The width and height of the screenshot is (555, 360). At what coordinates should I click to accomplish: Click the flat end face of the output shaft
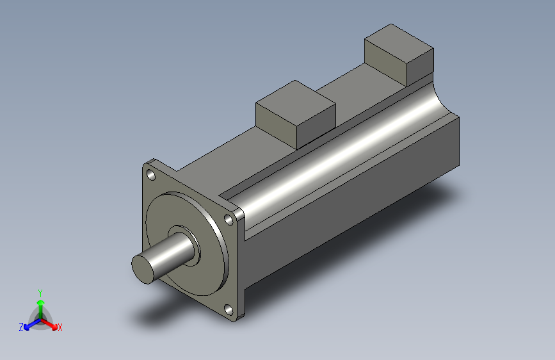[144, 267]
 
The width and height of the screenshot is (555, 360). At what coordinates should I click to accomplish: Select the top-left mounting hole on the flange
[150, 174]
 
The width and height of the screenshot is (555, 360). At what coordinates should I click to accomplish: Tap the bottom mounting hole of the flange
[229, 309]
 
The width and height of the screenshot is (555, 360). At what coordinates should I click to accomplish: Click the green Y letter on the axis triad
[40, 292]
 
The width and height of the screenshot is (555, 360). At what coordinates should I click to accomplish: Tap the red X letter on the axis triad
[60, 328]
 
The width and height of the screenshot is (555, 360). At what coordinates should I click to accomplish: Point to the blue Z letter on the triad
[21, 327]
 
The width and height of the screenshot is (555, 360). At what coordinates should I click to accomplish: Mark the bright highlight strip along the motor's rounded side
[333, 160]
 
